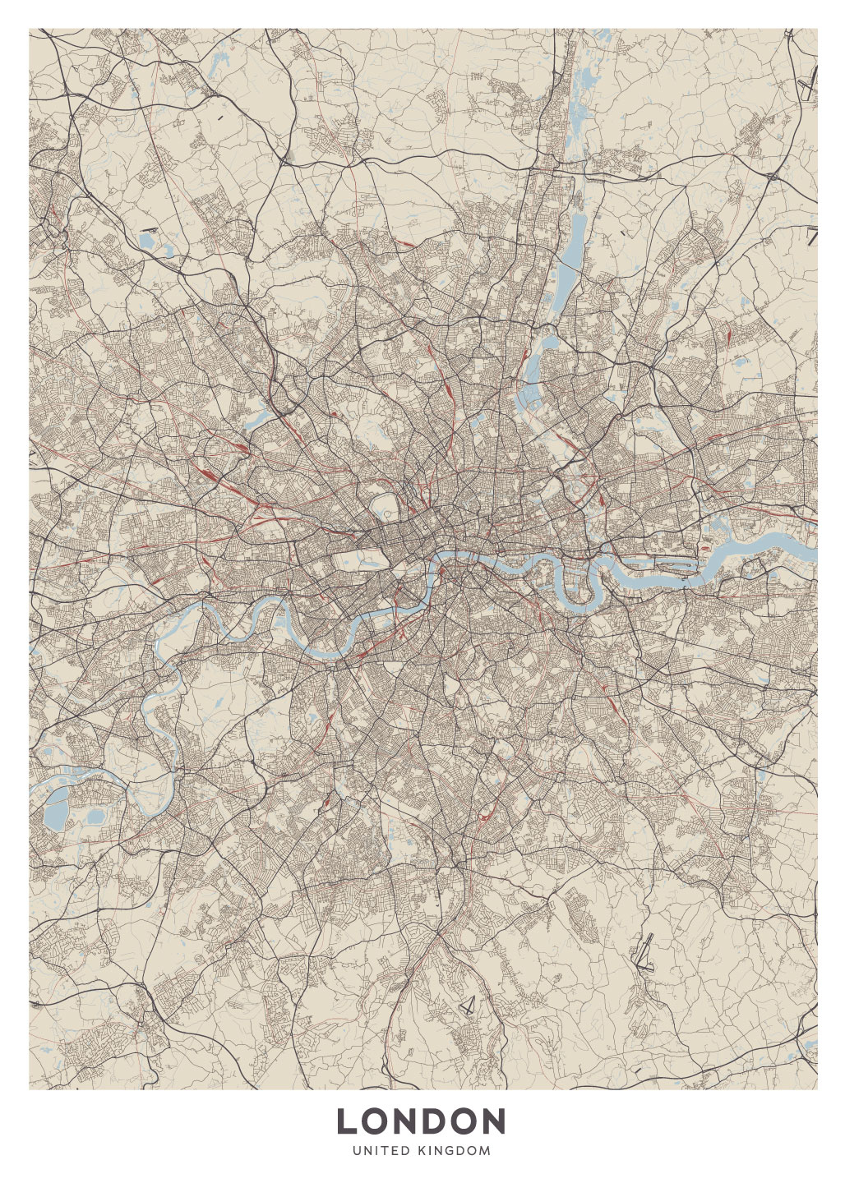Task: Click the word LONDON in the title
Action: [x=421, y=1121]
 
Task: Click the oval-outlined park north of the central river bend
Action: [x=384, y=504]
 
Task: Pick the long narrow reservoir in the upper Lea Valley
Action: [x=575, y=238]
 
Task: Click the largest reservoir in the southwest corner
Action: [x=55, y=810]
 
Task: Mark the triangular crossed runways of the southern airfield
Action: [x=469, y=1005]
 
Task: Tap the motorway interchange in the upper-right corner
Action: [x=773, y=174]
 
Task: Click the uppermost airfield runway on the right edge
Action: [x=809, y=82]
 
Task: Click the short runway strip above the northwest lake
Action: [x=149, y=229]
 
